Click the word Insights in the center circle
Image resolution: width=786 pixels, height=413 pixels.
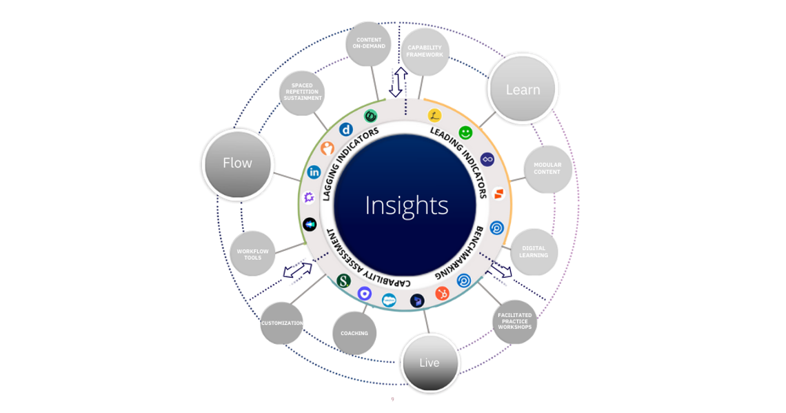[x=406, y=205]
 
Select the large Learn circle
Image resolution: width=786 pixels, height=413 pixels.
[x=523, y=90]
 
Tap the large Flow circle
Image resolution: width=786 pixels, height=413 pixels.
[x=237, y=163]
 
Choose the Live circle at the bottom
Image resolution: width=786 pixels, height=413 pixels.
[x=429, y=363]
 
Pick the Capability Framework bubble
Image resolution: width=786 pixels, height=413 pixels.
[x=425, y=52]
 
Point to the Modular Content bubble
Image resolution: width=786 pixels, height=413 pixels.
[x=547, y=169]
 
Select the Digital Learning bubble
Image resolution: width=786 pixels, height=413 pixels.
[x=534, y=252]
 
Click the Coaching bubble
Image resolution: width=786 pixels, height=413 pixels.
[x=354, y=334]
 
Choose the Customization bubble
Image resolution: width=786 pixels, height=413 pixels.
[x=282, y=323]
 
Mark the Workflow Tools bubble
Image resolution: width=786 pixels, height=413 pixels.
[x=253, y=254]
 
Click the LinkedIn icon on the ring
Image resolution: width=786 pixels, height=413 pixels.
[x=314, y=172]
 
